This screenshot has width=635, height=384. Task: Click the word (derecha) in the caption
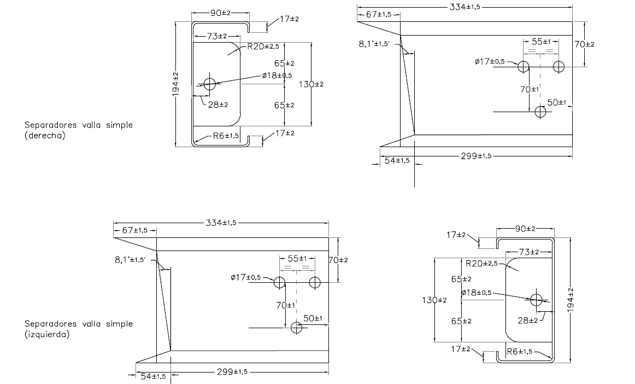tap(45, 136)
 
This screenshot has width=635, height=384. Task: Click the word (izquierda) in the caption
tap(47, 334)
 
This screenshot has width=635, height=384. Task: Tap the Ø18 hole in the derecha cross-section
tap(210, 84)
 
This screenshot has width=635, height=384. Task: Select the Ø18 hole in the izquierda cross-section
tap(536, 299)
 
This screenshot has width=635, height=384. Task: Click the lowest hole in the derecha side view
tap(540, 112)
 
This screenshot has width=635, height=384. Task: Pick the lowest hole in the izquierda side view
tap(297, 328)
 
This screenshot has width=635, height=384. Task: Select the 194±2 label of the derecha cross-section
tap(176, 85)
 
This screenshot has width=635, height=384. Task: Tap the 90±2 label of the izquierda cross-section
tap(525, 228)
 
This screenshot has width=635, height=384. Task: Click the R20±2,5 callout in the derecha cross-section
tap(263, 46)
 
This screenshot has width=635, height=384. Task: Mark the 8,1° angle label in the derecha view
tap(374, 44)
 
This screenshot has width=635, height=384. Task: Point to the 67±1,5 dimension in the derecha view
tap(379, 14)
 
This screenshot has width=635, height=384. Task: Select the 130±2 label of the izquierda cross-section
tap(435, 300)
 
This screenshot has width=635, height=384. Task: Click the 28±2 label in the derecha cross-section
tap(218, 104)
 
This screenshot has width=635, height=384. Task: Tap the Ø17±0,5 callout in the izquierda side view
tap(246, 277)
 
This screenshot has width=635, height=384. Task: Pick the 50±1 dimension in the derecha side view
tap(556, 102)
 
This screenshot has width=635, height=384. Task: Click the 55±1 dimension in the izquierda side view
tap(296, 258)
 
